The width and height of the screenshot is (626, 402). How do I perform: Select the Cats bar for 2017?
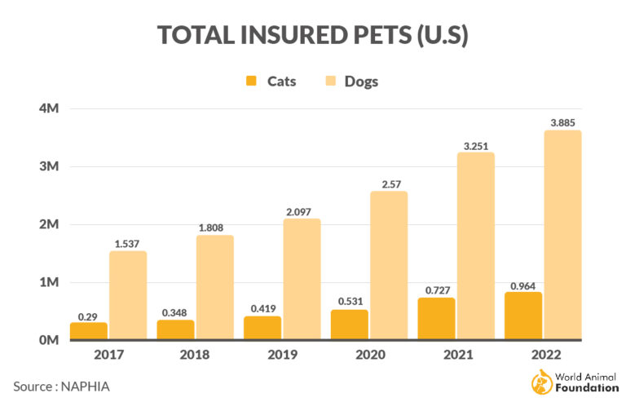pyautogui.click(x=88, y=330)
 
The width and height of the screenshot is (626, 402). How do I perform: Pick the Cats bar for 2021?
pyautogui.click(x=436, y=318)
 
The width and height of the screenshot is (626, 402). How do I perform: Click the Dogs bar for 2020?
pyautogui.click(x=389, y=265)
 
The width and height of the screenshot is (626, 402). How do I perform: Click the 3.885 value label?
pyautogui.click(x=562, y=123)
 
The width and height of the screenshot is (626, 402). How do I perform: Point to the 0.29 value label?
pyautogui.click(x=88, y=316)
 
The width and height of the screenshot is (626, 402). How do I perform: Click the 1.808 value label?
pyautogui.click(x=214, y=228)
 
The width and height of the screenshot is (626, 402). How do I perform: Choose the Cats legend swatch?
pyautogui.click(x=251, y=81)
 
